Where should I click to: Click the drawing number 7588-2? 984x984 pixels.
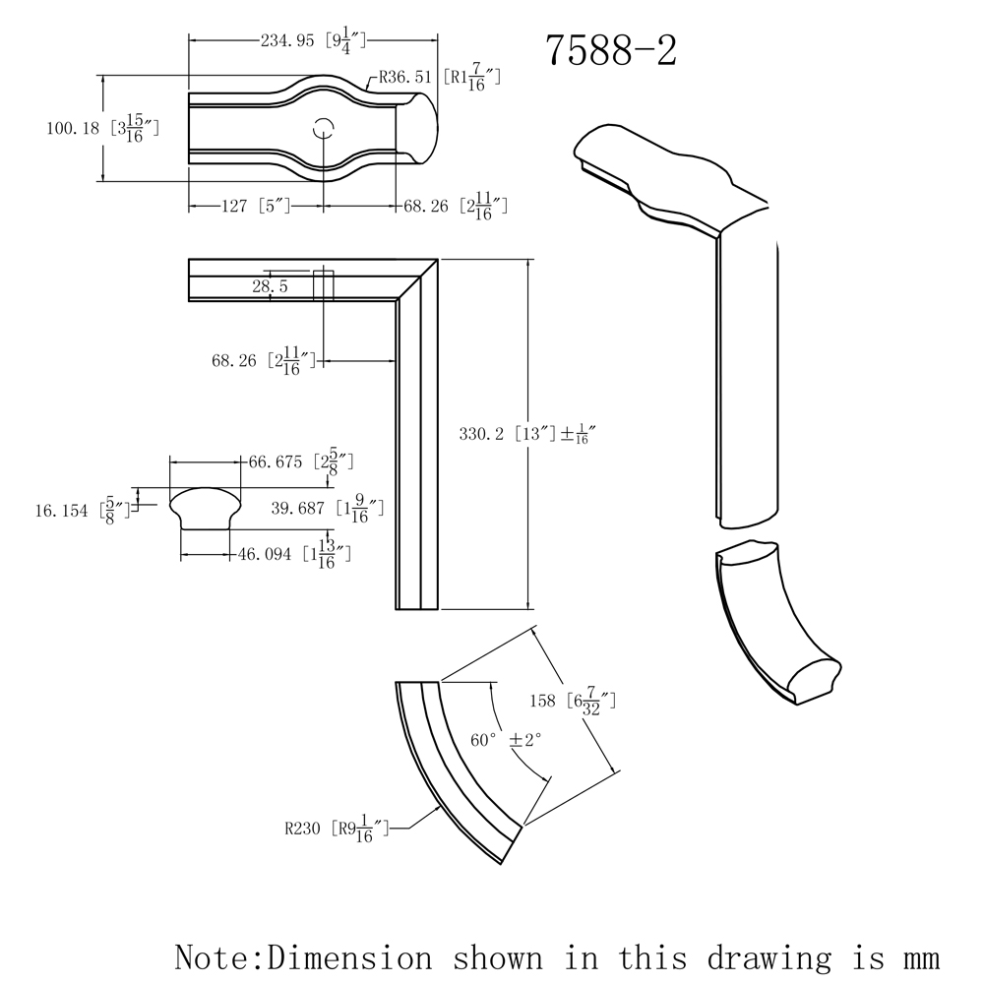click(x=611, y=50)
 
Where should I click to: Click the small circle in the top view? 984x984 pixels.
click(x=324, y=127)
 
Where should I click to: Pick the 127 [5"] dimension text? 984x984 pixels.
click(x=240, y=206)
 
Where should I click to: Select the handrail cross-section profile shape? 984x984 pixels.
click(x=205, y=508)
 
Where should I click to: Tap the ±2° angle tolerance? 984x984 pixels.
click(x=525, y=739)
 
